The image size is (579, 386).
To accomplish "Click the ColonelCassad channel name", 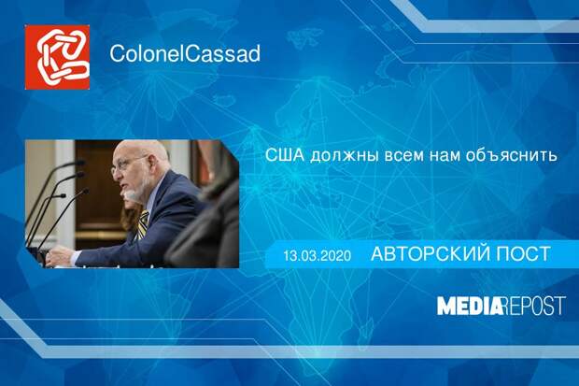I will point(184,54).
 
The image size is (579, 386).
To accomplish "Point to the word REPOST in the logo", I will point(536,305).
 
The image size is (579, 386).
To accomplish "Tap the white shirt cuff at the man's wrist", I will point(75,257).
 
